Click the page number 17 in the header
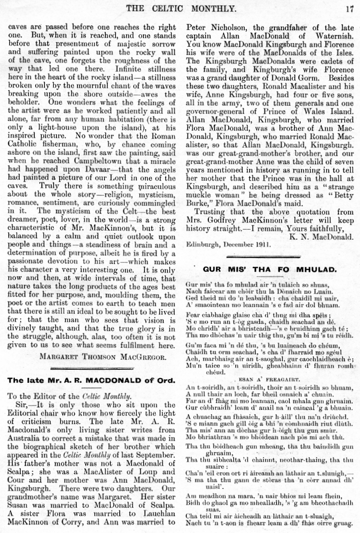[350, 7]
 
